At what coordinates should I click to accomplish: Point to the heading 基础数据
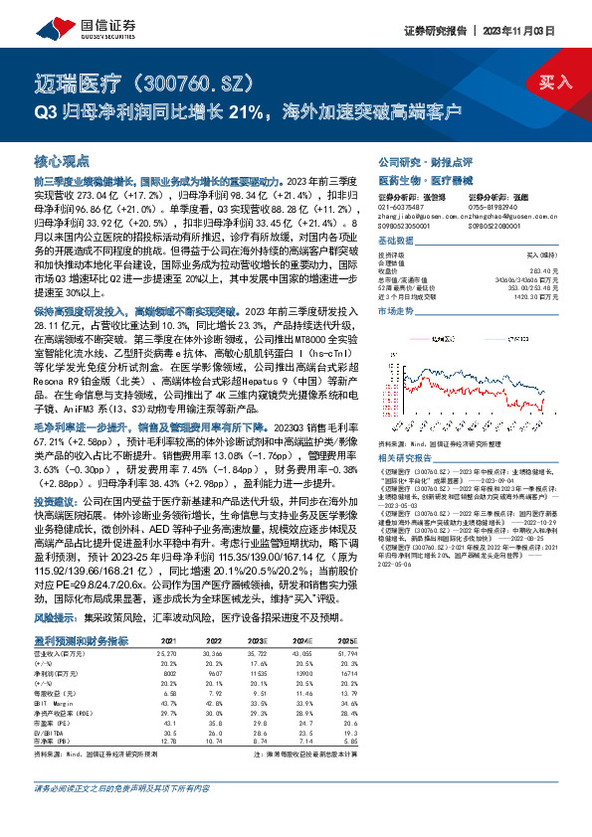point(395,242)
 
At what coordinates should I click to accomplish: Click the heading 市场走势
point(395,311)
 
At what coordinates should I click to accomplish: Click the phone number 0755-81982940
point(493,207)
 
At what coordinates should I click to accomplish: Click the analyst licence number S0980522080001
point(495,226)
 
